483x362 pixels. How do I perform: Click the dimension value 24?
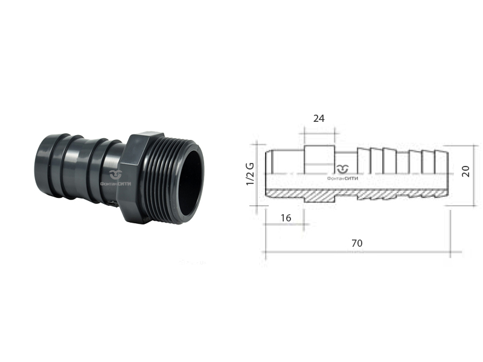point(319,118)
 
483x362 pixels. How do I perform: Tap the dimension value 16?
point(286,218)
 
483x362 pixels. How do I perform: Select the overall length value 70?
point(357,243)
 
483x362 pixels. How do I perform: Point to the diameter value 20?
point(465,171)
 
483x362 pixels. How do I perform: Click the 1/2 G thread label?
point(250,174)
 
